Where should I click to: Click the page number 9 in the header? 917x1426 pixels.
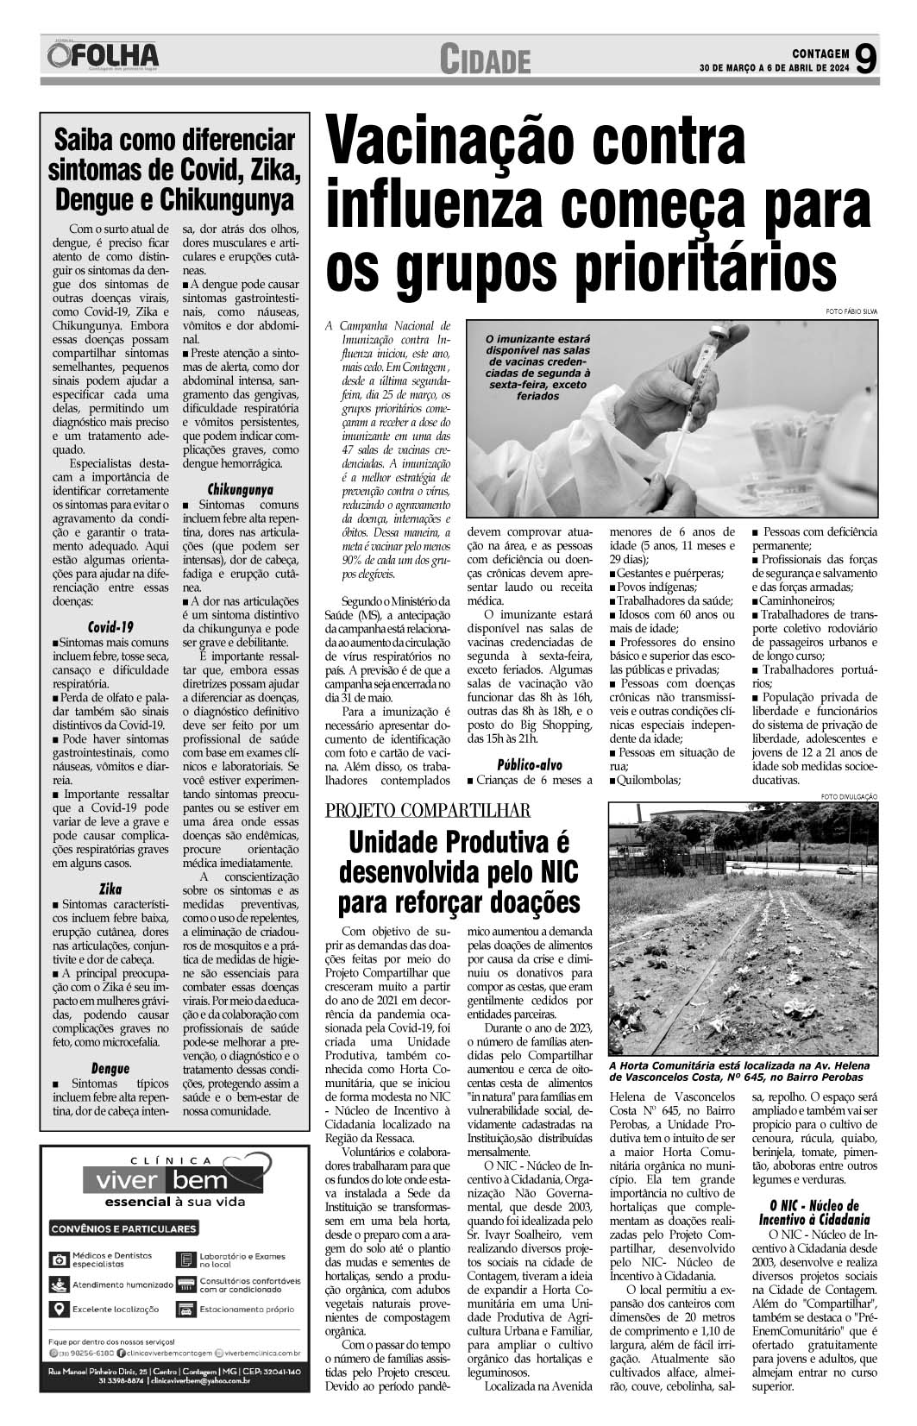[x=867, y=60]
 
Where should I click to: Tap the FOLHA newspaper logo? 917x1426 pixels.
[x=104, y=58]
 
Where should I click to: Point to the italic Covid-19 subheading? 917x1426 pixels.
[x=110, y=627]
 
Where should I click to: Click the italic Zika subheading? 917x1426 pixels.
[x=110, y=889]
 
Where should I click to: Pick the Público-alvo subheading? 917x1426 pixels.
[x=530, y=764]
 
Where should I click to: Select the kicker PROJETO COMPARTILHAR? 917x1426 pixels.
[x=427, y=810]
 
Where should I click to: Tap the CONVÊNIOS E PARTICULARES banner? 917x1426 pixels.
[x=123, y=1228]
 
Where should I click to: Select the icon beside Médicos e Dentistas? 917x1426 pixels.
[x=59, y=1260]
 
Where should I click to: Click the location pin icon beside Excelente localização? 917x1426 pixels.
[x=59, y=1309]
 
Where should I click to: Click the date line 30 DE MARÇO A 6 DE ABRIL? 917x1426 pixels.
[x=774, y=69]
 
